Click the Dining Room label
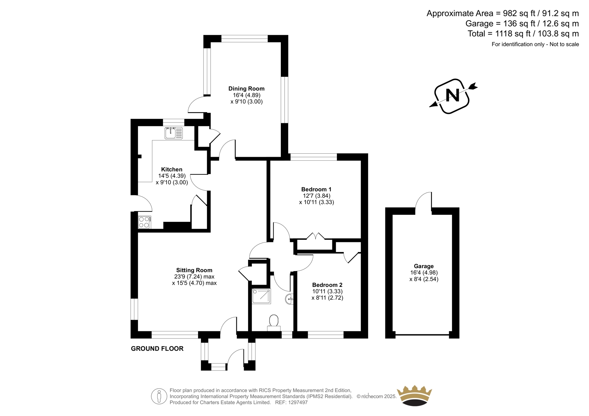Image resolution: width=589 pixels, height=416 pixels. pyautogui.click(x=246, y=89)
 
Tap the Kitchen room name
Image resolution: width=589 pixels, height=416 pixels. pyautogui.click(x=172, y=169)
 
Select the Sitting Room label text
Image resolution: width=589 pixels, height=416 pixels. pyautogui.click(x=194, y=270)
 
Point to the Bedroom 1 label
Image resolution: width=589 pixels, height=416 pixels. pyautogui.click(x=316, y=189)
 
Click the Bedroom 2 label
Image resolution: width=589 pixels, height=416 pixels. pyautogui.click(x=327, y=285)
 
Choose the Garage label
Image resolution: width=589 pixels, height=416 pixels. pyautogui.click(x=424, y=266)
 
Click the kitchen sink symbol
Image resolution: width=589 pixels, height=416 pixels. pyautogui.click(x=173, y=133)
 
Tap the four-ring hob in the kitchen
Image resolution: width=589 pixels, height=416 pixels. pyautogui.click(x=144, y=222)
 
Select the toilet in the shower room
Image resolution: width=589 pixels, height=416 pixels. pyautogui.click(x=274, y=323)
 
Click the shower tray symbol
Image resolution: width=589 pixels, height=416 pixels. pyautogui.click(x=261, y=296)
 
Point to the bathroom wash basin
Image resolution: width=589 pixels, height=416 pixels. pyautogui.click(x=289, y=299)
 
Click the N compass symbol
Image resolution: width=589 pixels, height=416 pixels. pyautogui.click(x=453, y=96)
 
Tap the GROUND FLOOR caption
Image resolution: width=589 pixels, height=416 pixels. pyautogui.click(x=157, y=349)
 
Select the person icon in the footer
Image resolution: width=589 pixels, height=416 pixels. pyautogui.click(x=159, y=396)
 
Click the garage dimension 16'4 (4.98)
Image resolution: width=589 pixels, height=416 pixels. pyautogui.click(x=424, y=273)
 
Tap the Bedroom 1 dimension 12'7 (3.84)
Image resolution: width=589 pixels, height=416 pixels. pyautogui.click(x=317, y=196)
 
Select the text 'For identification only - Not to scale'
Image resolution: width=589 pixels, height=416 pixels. pyautogui.click(x=535, y=44)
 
